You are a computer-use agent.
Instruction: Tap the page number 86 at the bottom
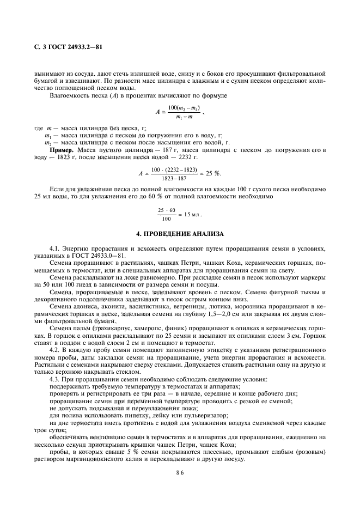click(180, 473)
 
